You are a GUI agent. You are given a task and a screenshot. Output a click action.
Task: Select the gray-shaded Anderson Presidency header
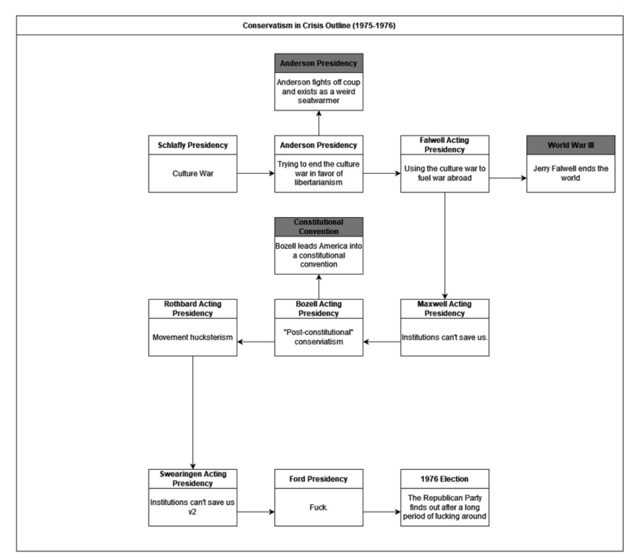pos(319,63)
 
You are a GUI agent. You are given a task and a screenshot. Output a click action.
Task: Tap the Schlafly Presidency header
pos(193,145)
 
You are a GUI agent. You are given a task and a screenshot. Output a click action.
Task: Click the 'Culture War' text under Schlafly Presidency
pos(193,173)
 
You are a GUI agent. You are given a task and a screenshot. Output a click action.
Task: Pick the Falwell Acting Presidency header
pos(444,145)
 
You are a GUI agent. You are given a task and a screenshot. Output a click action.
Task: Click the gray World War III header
pos(571,145)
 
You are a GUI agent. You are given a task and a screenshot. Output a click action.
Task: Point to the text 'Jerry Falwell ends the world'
pos(571,173)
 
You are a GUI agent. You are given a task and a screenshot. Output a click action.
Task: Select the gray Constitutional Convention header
pos(319,227)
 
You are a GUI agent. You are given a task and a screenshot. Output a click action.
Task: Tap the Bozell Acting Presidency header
pos(319,309)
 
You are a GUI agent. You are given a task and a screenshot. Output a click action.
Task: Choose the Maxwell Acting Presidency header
pos(444,309)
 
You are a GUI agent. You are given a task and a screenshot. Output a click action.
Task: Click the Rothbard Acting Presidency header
pos(193,309)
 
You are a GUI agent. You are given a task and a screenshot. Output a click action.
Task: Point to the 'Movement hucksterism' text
pos(193,337)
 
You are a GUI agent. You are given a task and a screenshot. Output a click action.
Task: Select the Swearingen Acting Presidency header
pos(193,479)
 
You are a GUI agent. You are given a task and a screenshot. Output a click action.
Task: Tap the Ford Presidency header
pos(319,479)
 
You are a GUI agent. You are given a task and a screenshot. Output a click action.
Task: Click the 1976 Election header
pos(444,479)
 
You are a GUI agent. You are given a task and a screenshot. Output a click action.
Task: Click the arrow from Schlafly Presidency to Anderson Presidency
pos(256,173)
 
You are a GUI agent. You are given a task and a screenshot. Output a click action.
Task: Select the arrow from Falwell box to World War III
pos(508,178)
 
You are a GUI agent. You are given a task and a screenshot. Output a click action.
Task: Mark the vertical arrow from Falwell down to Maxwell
pos(445,246)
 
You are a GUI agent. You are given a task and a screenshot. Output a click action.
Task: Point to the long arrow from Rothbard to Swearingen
pos(193,413)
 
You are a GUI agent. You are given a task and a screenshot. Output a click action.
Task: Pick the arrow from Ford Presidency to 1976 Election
pos(382,512)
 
